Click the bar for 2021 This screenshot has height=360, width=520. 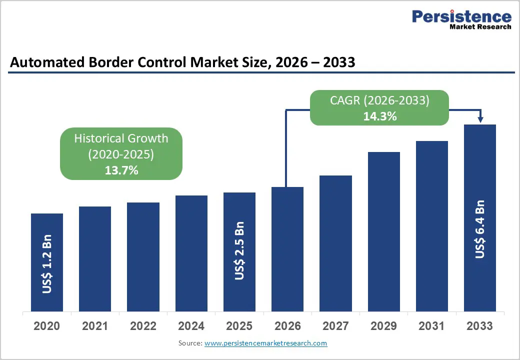[95, 258]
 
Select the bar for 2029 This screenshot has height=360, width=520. [384, 231]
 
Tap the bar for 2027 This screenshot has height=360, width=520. [335, 243]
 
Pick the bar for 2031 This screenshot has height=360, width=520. [432, 226]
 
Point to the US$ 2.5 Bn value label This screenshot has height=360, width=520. [239, 251]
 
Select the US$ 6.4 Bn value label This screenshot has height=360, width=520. [480, 229]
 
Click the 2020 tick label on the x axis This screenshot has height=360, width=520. [47, 326]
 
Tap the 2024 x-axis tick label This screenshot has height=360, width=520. [191, 326]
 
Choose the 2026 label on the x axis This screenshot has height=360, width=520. [287, 326]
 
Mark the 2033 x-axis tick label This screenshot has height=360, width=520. [480, 326]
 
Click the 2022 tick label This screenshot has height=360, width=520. [143, 326]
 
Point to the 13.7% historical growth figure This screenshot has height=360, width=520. [121, 170]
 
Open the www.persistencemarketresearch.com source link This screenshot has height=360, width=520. [266, 343]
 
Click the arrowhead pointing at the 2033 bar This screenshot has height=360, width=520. [480, 120]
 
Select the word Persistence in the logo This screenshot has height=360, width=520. [461, 16]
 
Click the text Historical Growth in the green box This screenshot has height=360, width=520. [121, 138]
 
